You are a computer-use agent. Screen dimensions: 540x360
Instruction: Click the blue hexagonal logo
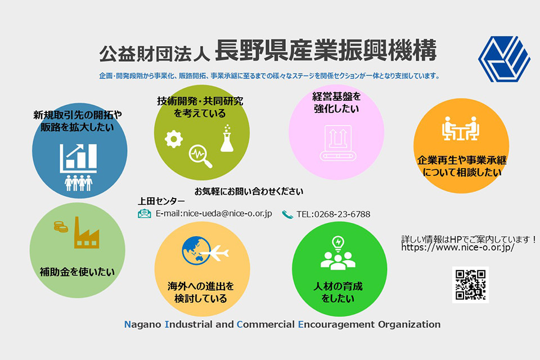[x=504, y=58]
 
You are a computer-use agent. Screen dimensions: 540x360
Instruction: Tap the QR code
[x=470, y=285]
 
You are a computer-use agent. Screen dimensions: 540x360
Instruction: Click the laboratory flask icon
[x=227, y=138]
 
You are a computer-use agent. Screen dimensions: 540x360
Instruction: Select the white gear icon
[x=174, y=139]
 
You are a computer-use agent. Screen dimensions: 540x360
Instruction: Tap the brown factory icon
[x=87, y=233]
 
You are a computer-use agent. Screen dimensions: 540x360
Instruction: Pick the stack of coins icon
[x=61, y=226]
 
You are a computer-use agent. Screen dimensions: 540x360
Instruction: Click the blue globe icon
[x=196, y=250]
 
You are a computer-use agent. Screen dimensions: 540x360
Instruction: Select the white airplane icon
[x=215, y=254]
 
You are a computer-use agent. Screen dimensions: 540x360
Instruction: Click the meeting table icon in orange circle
[x=461, y=128]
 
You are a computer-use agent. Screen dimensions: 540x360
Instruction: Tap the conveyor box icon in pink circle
[x=338, y=143]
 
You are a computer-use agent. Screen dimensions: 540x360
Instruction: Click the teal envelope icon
[x=145, y=214]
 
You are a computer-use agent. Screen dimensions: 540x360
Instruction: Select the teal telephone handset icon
[x=287, y=215]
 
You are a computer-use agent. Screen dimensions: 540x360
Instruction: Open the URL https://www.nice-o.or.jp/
[x=458, y=247]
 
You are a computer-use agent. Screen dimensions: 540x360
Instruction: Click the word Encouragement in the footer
[x=336, y=325]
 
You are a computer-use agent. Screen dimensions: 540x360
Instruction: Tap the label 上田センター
[x=161, y=201]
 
